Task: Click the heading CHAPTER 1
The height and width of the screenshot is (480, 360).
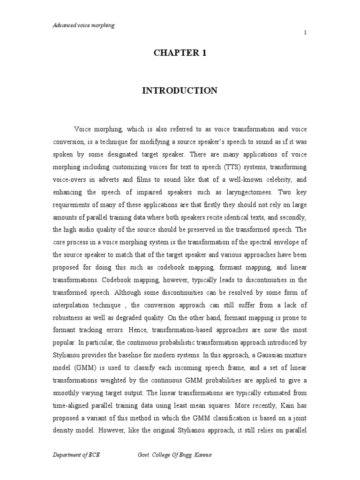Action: tap(180, 53)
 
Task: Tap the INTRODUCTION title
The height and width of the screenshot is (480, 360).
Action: tap(180, 91)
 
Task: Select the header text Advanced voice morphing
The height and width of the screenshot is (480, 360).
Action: tap(83, 25)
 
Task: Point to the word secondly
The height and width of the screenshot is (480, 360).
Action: tap(291, 217)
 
